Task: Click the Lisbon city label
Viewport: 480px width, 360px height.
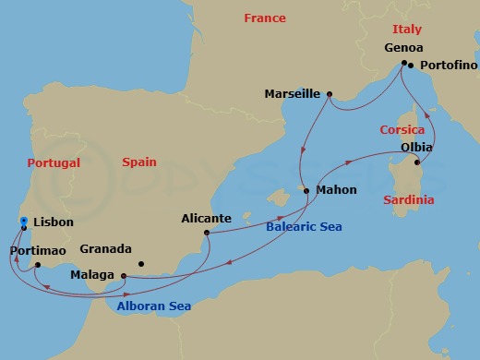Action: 53,222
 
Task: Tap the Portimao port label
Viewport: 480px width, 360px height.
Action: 36,250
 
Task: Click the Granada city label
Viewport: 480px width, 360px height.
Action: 106,249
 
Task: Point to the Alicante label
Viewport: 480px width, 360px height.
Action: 205,219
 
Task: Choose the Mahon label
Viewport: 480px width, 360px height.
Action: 335,191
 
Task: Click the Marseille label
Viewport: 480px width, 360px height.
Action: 292,93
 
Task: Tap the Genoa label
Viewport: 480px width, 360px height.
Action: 402,47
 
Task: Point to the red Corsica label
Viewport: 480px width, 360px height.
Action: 402,130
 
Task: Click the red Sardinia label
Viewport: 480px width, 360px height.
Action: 408,199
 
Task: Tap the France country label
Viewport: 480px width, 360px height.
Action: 265,18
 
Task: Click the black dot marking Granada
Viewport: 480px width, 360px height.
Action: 141,264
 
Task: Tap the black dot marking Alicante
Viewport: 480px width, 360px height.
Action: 207,233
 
